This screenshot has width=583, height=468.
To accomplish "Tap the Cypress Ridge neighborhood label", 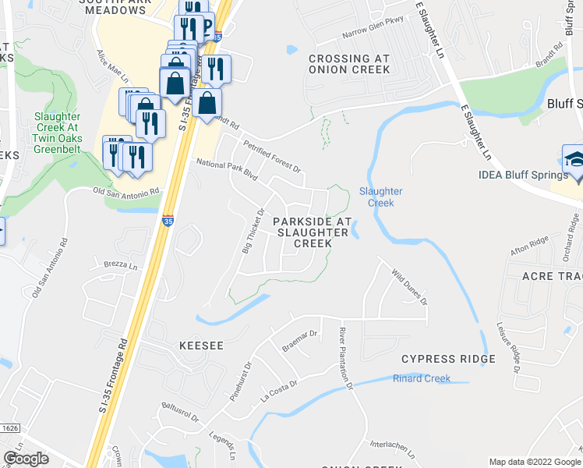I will (x=448, y=359).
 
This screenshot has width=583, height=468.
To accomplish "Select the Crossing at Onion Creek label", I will (x=348, y=64).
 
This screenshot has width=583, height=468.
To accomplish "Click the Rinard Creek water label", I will (x=422, y=379).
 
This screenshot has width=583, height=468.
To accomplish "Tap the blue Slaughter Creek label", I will (x=380, y=197).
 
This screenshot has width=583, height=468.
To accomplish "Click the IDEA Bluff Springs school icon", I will (x=573, y=159).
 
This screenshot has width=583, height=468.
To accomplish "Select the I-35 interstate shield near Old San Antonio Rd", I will (x=168, y=222).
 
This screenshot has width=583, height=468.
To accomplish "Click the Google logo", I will (x=26, y=459).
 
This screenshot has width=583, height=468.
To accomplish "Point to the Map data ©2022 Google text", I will (x=534, y=462).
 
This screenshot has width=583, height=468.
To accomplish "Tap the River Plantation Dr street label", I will (x=346, y=360).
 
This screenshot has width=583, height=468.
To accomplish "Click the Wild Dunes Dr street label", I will (x=409, y=286).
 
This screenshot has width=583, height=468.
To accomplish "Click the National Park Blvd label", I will (x=226, y=171).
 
